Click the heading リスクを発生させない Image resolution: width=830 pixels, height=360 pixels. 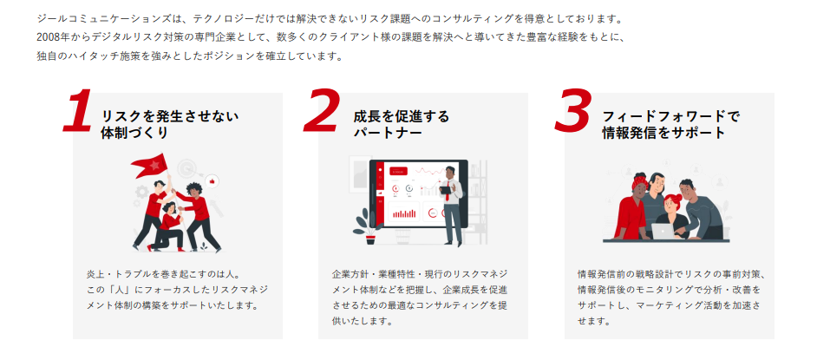[x=169, y=116]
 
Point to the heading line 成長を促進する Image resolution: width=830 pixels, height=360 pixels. [x=401, y=116]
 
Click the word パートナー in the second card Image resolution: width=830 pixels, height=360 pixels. [x=388, y=134]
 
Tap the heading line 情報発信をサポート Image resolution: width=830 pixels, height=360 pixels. [x=663, y=134]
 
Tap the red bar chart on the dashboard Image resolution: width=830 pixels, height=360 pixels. [x=404, y=213]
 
